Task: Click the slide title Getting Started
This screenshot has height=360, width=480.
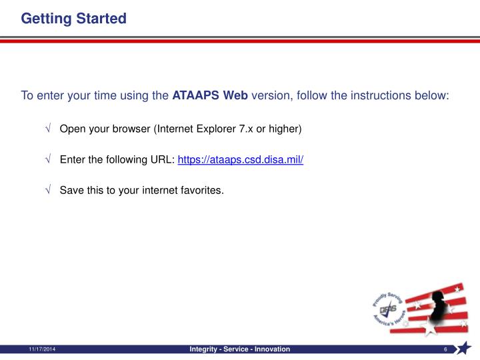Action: (73, 18)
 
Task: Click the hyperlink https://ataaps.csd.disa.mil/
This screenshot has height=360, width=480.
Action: (241, 160)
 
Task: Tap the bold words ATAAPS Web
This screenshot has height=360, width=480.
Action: (210, 95)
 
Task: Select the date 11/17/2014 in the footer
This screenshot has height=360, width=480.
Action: (42, 350)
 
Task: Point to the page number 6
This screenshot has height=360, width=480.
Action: (444, 350)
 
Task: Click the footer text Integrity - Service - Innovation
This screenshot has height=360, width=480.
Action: (240, 349)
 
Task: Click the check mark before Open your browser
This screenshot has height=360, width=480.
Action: (49, 129)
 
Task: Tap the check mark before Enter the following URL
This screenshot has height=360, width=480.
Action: (49, 160)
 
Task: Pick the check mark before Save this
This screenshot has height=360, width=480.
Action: (49, 191)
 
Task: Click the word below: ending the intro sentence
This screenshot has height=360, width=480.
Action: (431, 95)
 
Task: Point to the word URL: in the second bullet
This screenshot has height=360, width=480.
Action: (162, 160)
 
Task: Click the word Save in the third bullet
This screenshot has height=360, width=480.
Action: (71, 191)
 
